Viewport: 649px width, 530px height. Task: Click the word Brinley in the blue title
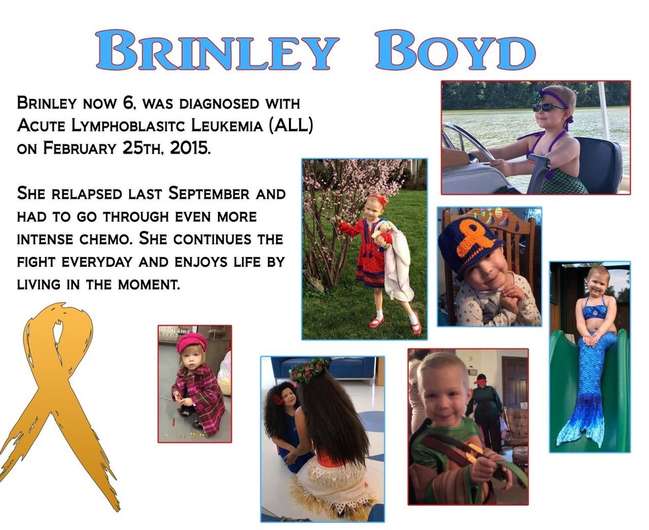[x=217, y=50]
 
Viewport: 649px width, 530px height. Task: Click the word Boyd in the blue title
[x=455, y=50]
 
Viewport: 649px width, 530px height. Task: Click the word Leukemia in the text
[x=227, y=125]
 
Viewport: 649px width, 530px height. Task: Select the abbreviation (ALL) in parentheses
[x=291, y=125]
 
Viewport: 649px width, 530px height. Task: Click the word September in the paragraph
[x=209, y=193]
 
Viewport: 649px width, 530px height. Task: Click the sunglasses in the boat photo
[x=547, y=107]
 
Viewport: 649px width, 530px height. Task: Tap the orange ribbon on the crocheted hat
[x=475, y=238]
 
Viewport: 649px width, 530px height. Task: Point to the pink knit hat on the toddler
[x=192, y=342]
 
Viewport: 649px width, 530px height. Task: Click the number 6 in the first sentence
[x=128, y=103]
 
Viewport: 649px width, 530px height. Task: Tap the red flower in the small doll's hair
[x=278, y=399]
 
